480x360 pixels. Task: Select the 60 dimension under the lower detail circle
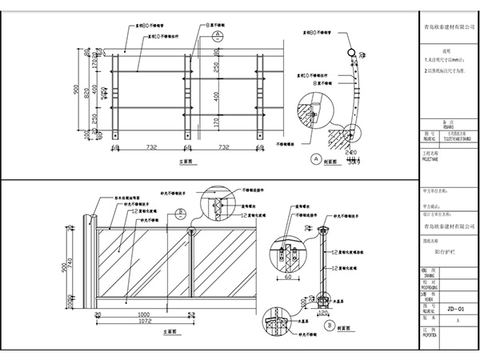(286, 280)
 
